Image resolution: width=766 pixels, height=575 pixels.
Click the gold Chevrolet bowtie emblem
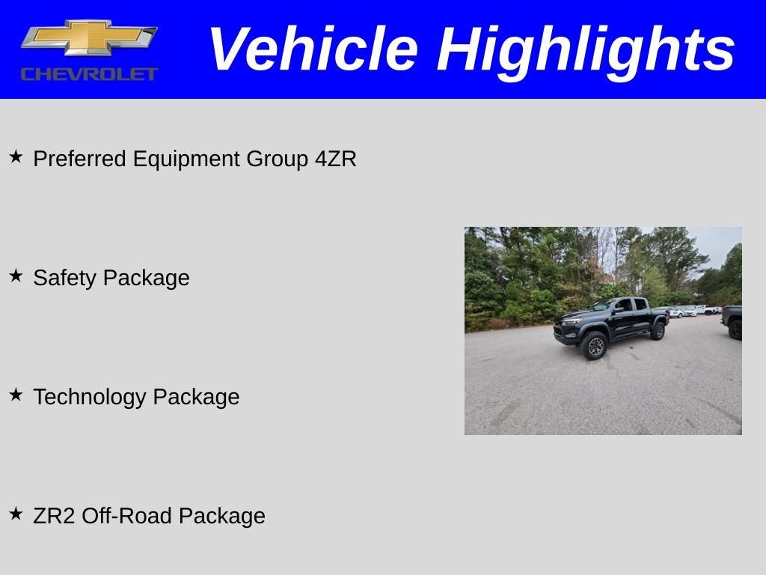click(89, 37)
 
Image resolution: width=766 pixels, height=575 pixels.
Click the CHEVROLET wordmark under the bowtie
click(89, 74)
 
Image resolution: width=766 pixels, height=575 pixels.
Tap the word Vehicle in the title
click(312, 49)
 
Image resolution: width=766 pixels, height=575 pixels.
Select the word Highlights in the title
click(586, 50)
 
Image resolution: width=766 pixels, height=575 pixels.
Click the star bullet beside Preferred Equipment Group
click(16, 156)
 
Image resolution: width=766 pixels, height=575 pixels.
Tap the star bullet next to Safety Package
click(16, 276)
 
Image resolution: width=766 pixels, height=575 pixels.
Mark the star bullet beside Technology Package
click(16, 395)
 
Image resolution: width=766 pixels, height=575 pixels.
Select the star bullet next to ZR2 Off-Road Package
click(16, 514)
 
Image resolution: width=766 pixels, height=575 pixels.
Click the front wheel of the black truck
click(595, 346)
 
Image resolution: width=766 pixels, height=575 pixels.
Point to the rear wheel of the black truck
click(658, 331)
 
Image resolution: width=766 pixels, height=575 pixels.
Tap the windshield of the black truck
click(603, 305)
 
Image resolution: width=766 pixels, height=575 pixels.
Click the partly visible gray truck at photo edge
click(732, 322)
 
